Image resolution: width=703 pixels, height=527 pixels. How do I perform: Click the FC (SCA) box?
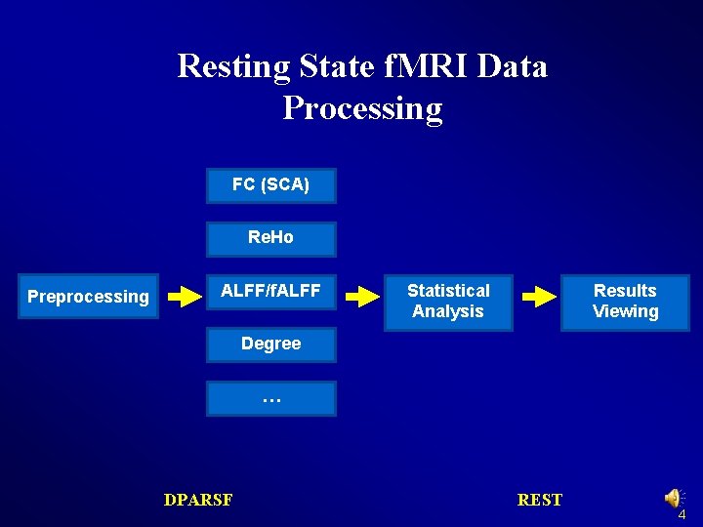click(x=270, y=185)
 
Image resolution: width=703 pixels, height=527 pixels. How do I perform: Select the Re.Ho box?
click(x=270, y=238)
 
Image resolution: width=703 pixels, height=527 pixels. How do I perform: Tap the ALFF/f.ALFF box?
click(x=270, y=291)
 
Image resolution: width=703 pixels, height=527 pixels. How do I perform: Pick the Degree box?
click(x=270, y=344)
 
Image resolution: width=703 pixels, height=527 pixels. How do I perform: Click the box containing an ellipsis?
click(x=270, y=398)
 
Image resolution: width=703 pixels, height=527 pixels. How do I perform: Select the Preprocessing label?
click(x=88, y=297)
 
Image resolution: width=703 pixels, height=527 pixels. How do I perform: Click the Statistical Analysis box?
click(x=448, y=301)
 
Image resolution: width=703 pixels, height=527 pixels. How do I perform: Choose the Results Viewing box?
click(x=625, y=301)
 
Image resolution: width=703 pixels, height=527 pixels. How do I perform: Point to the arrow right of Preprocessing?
click(x=183, y=297)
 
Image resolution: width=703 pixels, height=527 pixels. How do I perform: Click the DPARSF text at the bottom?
click(x=198, y=500)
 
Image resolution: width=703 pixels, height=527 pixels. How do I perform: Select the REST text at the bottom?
click(x=540, y=500)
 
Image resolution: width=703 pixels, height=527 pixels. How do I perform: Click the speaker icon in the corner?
click(x=674, y=498)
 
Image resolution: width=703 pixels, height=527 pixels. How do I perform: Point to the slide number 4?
click(x=682, y=514)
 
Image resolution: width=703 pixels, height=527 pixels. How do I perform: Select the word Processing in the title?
click(x=362, y=107)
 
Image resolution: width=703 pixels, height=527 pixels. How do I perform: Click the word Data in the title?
click(x=512, y=66)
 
